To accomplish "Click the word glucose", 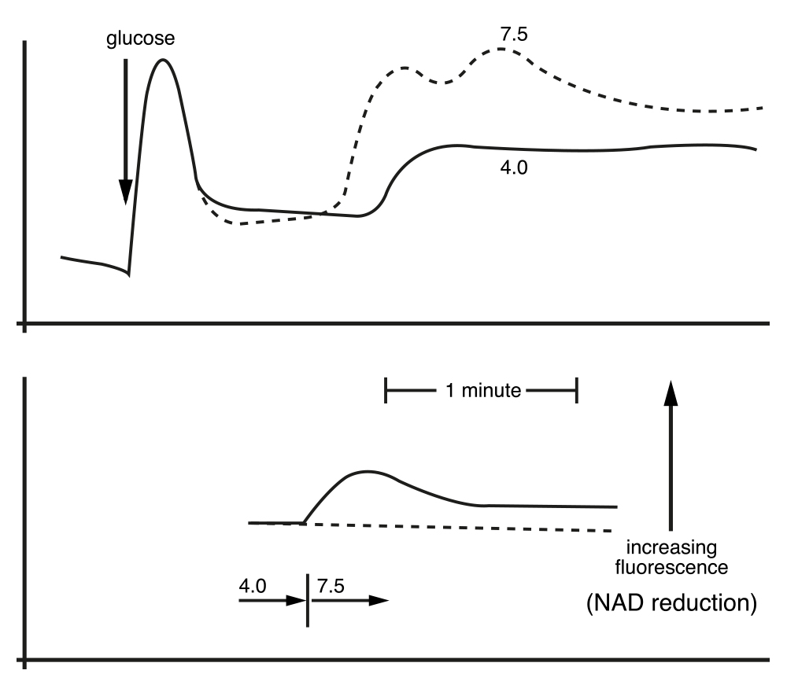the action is pyautogui.click(x=141, y=39).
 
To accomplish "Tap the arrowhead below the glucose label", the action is pyautogui.click(x=125, y=192).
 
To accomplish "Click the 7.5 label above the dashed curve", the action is pyautogui.click(x=514, y=34).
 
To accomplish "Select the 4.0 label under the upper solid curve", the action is pyautogui.click(x=514, y=168).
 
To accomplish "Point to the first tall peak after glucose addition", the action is pyautogui.click(x=163, y=61).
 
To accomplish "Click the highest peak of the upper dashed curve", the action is pyautogui.click(x=501, y=49).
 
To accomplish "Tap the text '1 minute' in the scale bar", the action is pyautogui.click(x=483, y=390).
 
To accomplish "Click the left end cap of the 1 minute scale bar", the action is pyautogui.click(x=386, y=391).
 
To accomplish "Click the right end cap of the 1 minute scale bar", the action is pyautogui.click(x=577, y=391).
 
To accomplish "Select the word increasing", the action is pyautogui.click(x=671, y=547).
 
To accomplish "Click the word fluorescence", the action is pyautogui.click(x=671, y=567).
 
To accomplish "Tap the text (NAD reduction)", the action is pyautogui.click(x=671, y=602).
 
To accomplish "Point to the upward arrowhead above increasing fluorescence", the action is pyautogui.click(x=671, y=392).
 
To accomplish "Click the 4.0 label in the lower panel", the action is pyautogui.click(x=253, y=586).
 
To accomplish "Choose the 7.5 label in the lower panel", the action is pyautogui.click(x=331, y=586).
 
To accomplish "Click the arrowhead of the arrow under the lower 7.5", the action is pyautogui.click(x=379, y=600).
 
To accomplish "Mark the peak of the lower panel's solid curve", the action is pyautogui.click(x=368, y=472).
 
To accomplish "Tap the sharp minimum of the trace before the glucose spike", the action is pyautogui.click(x=128, y=274).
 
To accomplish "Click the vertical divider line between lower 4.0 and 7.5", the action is pyautogui.click(x=308, y=600).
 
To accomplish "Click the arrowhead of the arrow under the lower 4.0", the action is pyautogui.click(x=296, y=600).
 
